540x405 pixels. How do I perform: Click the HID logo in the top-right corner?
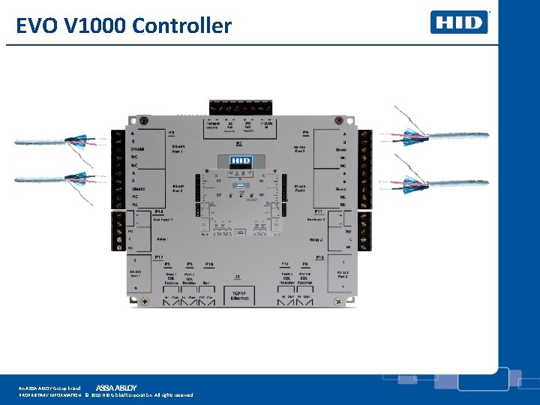[459, 22]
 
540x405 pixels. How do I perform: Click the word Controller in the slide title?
[181, 26]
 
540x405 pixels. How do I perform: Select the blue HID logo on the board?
[240, 161]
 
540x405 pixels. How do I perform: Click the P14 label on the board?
[159, 212]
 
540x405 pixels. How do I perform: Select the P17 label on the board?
[159, 257]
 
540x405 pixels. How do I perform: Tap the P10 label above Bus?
[209, 265]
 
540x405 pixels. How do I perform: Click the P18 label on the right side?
[319, 257]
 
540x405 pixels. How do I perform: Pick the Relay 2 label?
[316, 240]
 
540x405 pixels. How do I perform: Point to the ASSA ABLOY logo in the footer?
[116, 387]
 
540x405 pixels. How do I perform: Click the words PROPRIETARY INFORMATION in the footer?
[49, 394]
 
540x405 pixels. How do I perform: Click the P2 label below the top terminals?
[239, 142]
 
